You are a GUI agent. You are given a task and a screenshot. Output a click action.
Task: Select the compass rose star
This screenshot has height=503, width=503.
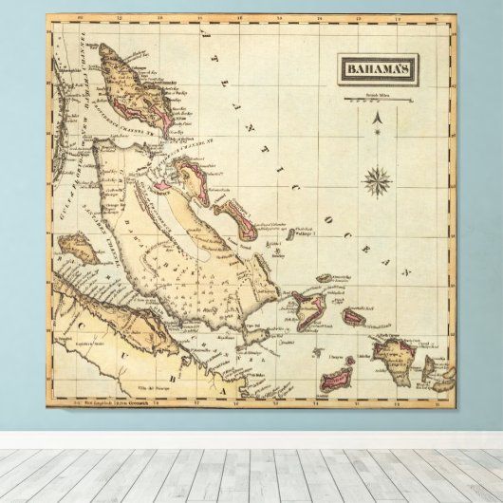pyautogui.click(x=379, y=178)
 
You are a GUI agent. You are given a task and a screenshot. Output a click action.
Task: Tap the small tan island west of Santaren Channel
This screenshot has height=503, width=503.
pyautogui.click(x=71, y=249)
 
